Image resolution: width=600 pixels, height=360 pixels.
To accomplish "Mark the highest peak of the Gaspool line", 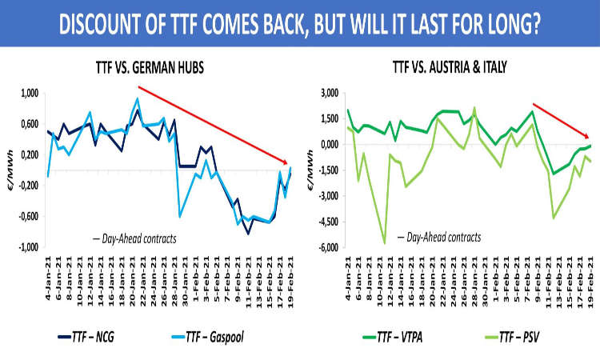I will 138,99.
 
